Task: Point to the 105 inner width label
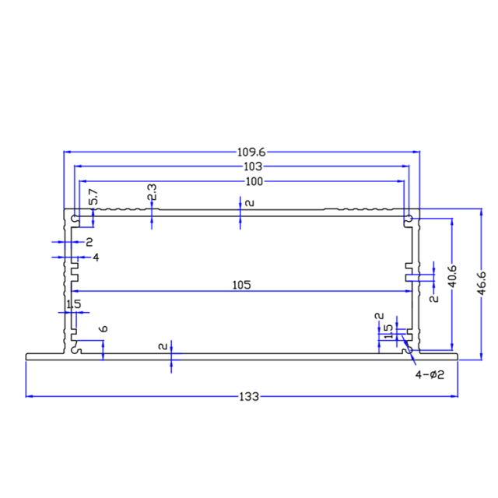pos(241,286)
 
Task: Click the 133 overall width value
pos(248,396)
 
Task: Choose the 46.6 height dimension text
pos(482,282)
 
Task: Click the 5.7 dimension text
pos(93,198)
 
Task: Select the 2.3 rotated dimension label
pos(152,193)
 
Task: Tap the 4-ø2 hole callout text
pos(430,375)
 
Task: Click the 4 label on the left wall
pos(96,257)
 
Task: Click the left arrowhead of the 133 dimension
pos(30,396)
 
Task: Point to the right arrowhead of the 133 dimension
pos(457,396)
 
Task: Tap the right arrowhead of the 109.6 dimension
pos(417,153)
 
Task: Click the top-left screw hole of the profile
pos(75,218)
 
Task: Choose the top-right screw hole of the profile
pos(408,219)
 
